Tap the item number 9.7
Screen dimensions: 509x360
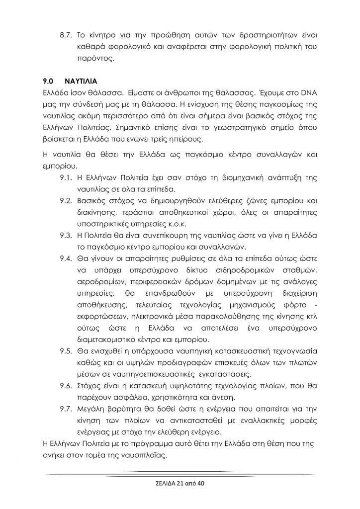click(66, 408)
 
